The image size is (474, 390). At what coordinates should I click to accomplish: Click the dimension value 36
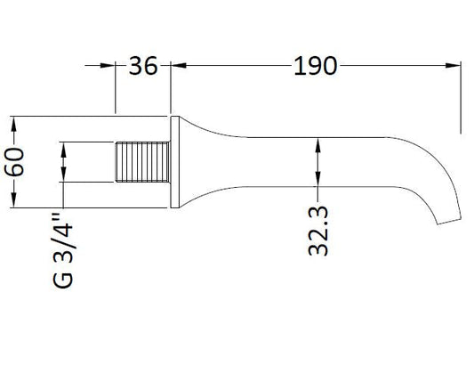(x=143, y=66)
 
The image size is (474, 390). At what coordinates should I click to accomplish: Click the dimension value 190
(x=315, y=66)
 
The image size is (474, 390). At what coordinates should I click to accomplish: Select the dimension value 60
(x=14, y=161)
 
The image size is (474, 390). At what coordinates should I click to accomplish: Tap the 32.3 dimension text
(x=318, y=231)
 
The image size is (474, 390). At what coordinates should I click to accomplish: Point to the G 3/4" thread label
(x=63, y=251)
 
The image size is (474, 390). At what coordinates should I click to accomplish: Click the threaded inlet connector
(x=142, y=162)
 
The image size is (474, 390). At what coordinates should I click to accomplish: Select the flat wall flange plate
(x=175, y=162)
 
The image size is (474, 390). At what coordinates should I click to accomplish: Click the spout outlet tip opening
(x=449, y=222)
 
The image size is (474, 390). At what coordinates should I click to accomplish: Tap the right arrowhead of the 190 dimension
(x=453, y=65)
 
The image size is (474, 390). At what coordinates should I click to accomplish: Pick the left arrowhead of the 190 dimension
(x=179, y=65)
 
